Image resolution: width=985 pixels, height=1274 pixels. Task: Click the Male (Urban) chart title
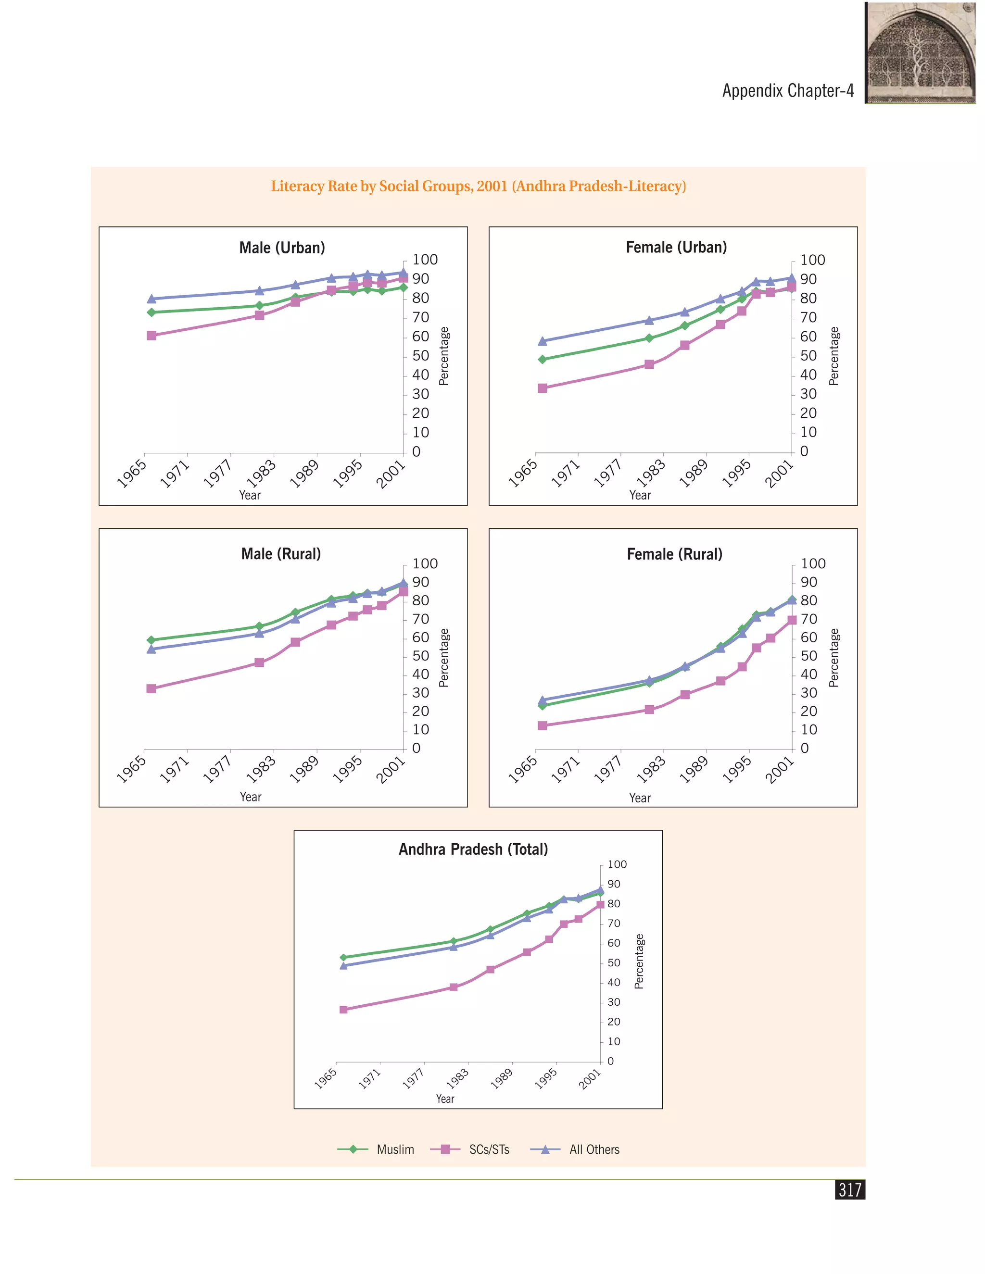[282, 248]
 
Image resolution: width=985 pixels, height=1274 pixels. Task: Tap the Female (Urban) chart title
[676, 247]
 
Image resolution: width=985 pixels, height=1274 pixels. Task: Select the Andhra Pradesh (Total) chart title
[473, 849]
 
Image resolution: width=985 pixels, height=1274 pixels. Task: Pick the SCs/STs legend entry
[470, 1149]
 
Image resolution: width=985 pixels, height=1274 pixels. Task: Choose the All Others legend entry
[575, 1149]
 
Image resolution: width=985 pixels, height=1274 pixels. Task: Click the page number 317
[850, 1189]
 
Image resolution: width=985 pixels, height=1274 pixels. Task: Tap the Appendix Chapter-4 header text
[788, 91]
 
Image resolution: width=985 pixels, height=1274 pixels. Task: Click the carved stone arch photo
[920, 52]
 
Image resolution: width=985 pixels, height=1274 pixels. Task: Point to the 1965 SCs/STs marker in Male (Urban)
[151, 336]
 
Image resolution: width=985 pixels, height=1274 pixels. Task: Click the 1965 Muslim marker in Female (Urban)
[542, 359]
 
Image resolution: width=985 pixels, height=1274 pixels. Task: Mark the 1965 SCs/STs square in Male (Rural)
[151, 688]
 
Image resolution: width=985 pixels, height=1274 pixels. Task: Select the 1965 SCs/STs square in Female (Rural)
[542, 725]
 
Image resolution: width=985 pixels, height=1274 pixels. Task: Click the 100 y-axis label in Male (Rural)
[425, 563]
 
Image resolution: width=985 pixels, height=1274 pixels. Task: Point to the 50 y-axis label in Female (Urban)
[808, 356]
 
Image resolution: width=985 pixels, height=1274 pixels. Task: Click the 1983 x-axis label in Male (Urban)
[260, 473]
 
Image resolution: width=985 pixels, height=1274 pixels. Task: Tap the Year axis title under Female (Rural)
[640, 798]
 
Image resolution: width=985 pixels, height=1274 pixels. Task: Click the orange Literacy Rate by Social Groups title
[479, 186]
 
